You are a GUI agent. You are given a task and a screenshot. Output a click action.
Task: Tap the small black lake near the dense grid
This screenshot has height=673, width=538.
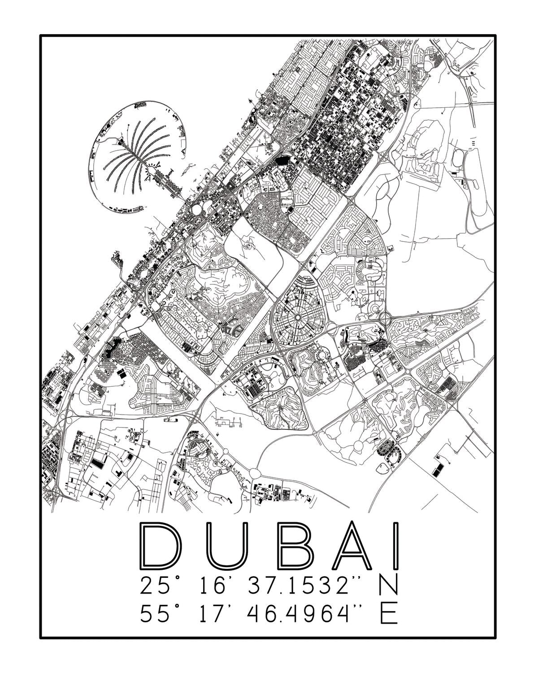click(282, 159)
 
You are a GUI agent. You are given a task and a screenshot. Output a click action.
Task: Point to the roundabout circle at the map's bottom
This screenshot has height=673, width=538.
click(255, 472)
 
